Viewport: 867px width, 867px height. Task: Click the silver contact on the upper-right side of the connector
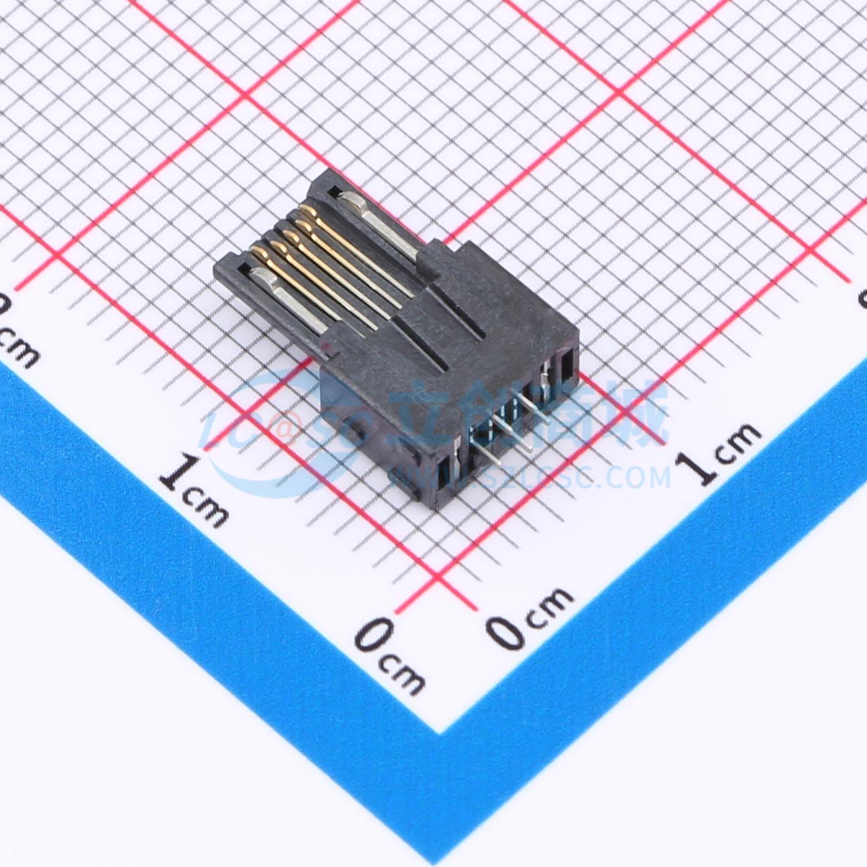click(384, 225)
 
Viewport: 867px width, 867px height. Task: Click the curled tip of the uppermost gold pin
click(307, 211)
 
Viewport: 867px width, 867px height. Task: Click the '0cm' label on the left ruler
click(391, 654)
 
